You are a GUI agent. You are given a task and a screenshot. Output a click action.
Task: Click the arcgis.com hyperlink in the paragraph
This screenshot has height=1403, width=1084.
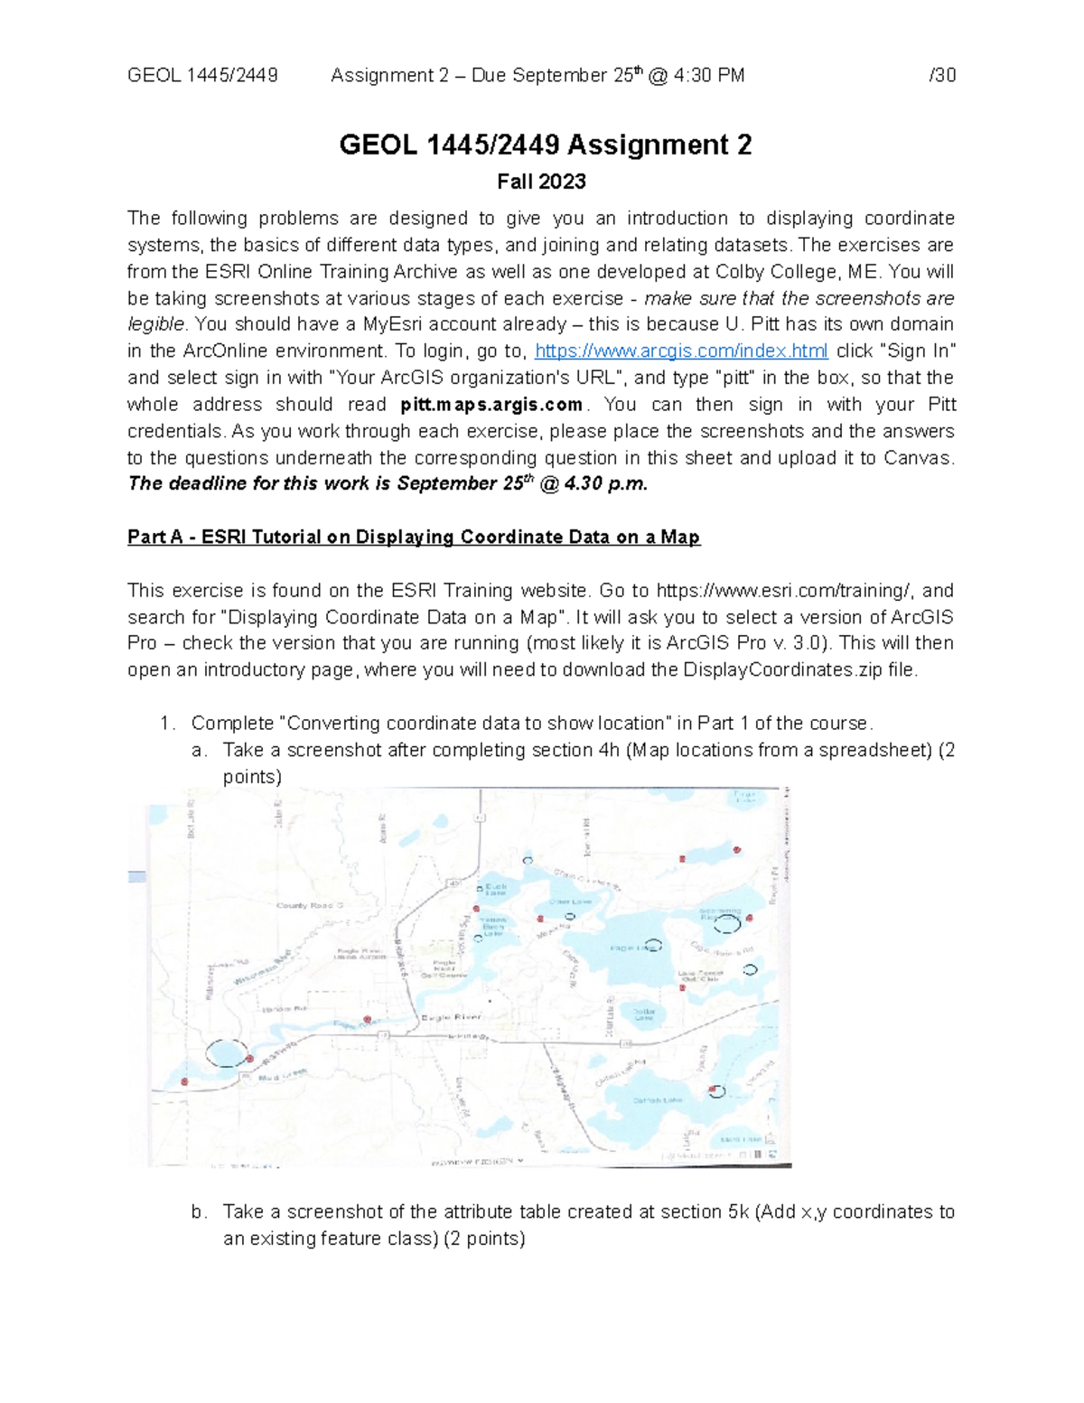tap(681, 351)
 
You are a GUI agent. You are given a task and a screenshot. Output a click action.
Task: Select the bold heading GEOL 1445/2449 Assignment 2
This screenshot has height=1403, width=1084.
tap(545, 145)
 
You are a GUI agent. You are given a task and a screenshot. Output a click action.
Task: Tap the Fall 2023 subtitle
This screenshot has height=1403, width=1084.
tap(541, 182)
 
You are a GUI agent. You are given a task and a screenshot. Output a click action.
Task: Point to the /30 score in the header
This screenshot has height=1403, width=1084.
tap(942, 76)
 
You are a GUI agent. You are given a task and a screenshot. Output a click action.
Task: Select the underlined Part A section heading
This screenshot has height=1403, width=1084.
tap(414, 538)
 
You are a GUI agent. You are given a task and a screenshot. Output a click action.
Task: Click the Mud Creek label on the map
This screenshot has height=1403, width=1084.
tap(282, 1077)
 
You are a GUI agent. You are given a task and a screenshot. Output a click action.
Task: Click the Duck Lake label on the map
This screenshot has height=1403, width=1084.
tap(496, 890)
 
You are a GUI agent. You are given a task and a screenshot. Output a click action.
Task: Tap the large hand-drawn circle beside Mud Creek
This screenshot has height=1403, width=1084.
tap(226, 1054)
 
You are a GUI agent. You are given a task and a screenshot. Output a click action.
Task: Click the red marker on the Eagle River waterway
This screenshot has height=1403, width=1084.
tap(367, 1019)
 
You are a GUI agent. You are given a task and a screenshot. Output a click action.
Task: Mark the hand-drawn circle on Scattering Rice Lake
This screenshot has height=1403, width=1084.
tap(727, 924)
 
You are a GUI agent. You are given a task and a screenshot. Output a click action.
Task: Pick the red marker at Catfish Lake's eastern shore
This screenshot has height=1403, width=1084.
tap(714, 1090)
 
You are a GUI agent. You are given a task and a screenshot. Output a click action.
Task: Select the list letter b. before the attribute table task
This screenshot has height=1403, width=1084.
tap(199, 1212)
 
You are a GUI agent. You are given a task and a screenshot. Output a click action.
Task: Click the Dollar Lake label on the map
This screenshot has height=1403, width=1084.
tap(643, 1015)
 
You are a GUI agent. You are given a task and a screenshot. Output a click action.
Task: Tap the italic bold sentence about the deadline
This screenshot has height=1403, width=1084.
tap(388, 484)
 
